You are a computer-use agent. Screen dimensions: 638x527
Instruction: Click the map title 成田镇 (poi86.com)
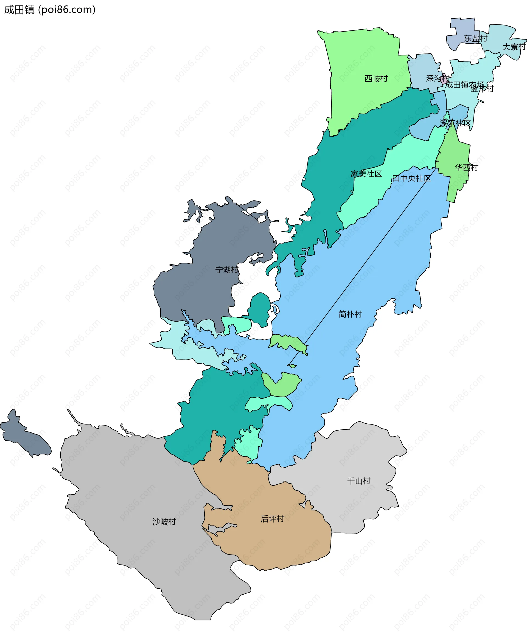click(x=50, y=10)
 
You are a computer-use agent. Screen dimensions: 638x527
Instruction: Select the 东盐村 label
click(x=475, y=38)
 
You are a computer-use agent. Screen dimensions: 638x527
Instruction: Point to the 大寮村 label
click(x=514, y=47)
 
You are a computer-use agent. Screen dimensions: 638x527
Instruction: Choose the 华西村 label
click(x=466, y=167)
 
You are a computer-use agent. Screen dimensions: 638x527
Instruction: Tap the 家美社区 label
click(x=366, y=174)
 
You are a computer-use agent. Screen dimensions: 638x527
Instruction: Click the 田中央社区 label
click(x=411, y=178)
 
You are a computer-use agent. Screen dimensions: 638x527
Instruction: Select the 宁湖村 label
click(x=226, y=269)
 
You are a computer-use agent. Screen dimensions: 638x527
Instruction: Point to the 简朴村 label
click(x=350, y=314)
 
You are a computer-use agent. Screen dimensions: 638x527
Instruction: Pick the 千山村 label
click(x=359, y=481)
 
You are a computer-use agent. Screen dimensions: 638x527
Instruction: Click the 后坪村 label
click(x=272, y=519)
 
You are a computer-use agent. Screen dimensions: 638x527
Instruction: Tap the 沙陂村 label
click(x=164, y=522)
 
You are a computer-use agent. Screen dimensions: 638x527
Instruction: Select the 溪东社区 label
click(x=455, y=123)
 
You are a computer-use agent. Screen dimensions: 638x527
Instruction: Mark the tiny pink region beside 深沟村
click(x=445, y=78)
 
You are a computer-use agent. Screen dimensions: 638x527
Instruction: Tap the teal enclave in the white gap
click(x=260, y=310)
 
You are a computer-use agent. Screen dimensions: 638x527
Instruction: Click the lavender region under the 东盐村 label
click(x=461, y=30)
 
